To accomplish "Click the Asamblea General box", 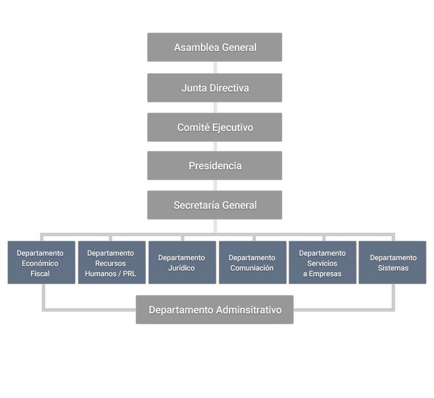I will (x=215, y=47).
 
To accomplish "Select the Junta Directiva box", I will (x=215, y=87).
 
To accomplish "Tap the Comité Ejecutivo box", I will (x=215, y=127).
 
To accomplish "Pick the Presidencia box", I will (x=215, y=165).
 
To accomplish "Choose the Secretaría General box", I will (x=215, y=205).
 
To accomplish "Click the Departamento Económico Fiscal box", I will (x=41, y=262).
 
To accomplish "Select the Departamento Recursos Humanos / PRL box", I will (x=112, y=262).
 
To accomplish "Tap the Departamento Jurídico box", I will (x=182, y=262).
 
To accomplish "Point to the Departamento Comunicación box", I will (x=252, y=262).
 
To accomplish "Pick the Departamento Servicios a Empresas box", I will (x=322, y=262).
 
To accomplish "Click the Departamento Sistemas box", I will (x=392, y=262).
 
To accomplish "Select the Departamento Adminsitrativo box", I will (x=215, y=309).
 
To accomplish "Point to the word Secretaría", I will (x=195, y=205).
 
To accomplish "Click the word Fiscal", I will (x=40, y=274).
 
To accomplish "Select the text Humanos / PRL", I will (x=111, y=274).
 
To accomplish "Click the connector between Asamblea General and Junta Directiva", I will (x=215, y=67).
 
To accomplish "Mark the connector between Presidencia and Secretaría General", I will (x=215, y=185).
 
